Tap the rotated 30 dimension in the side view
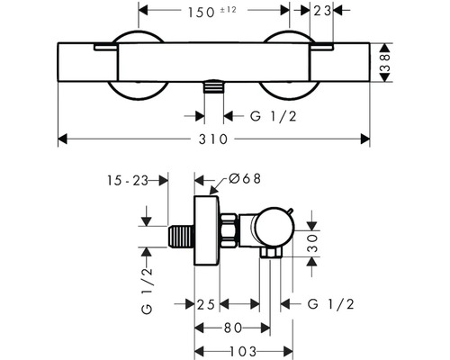(x=313, y=240)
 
